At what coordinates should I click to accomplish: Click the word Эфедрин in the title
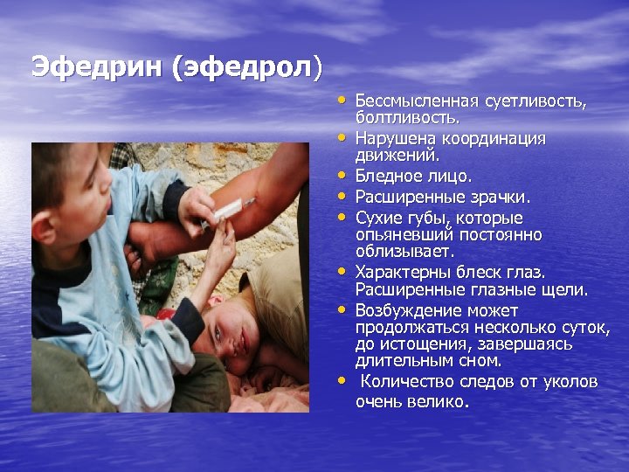point(97,67)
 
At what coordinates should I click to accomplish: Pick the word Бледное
point(389,177)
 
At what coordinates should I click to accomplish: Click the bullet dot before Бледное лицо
point(344,176)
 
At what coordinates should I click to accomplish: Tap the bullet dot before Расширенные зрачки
point(344,197)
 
